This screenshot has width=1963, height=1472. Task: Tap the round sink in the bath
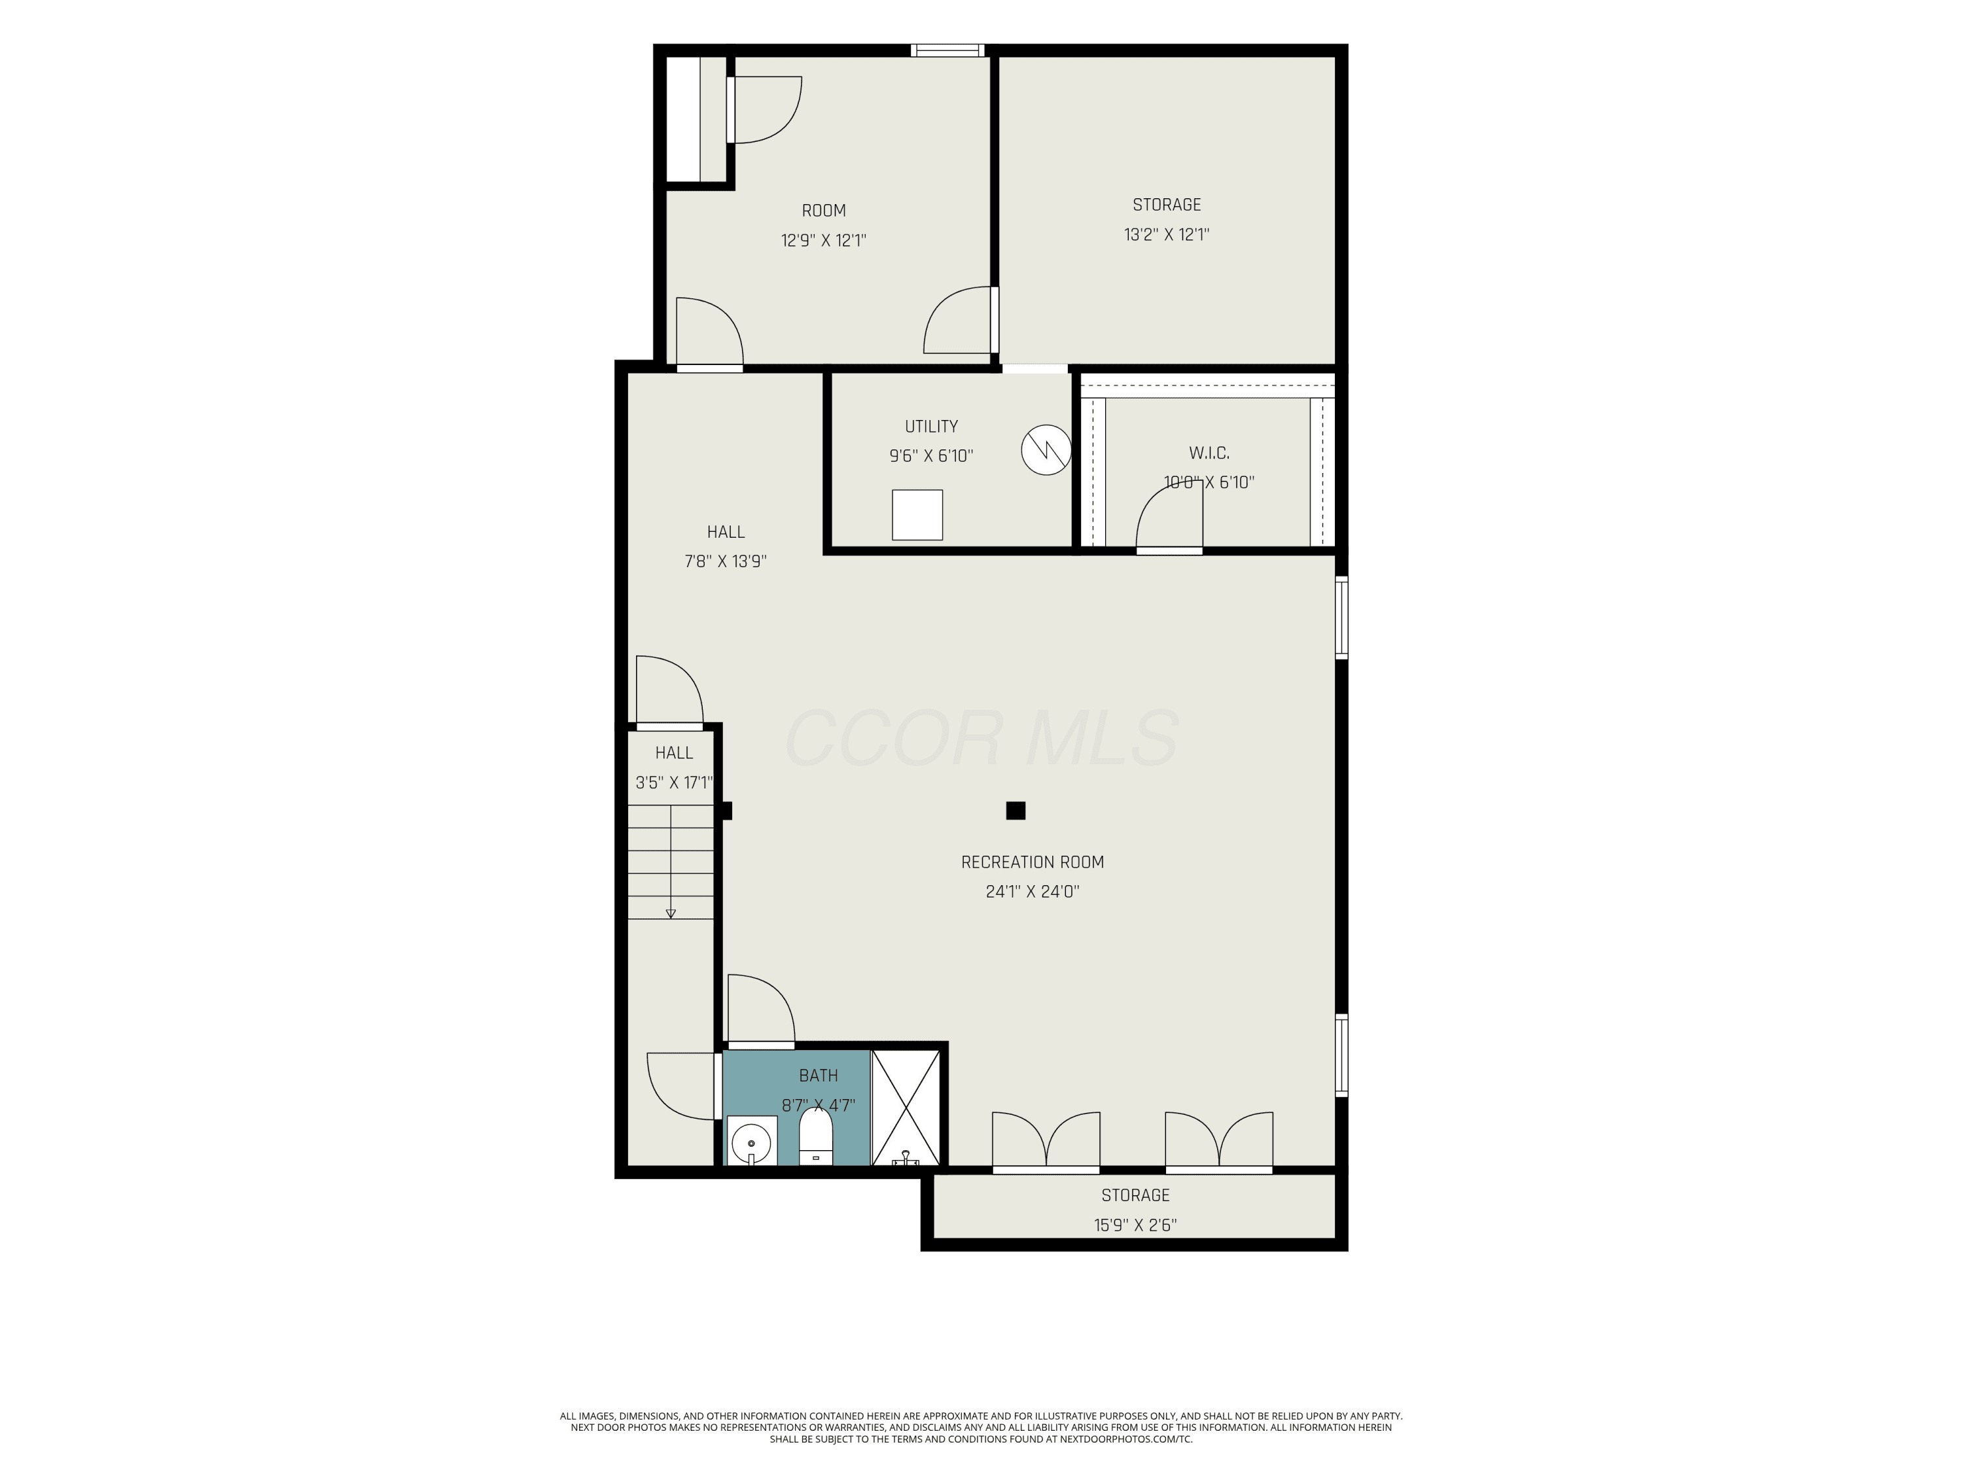tap(752, 1140)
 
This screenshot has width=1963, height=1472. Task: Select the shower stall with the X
tap(905, 1108)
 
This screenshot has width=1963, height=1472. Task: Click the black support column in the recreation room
tap(1016, 810)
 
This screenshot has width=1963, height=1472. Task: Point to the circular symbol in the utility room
tap(1046, 451)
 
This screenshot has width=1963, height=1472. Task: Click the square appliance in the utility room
tap(917, 515)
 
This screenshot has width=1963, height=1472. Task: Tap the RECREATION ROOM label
tap(1032, 862)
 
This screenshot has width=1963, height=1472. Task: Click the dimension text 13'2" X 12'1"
tap(1166, 234)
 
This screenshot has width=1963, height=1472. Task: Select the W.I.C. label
tap(1209, 453)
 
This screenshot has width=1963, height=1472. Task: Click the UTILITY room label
tap(931, 427)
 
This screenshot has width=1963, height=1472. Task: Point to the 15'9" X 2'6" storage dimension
tap(1135, 1225)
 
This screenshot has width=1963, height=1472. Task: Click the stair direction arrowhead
tap(671, 913)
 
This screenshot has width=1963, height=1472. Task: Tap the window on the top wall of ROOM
tap(947, 50)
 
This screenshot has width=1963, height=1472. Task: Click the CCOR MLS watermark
tap(981, 737)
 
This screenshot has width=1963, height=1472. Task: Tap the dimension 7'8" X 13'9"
tap(725, 561)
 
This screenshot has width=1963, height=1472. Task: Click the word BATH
tap(818, 1076)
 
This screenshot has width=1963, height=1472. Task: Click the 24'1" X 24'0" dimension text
tap(1032, 892)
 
